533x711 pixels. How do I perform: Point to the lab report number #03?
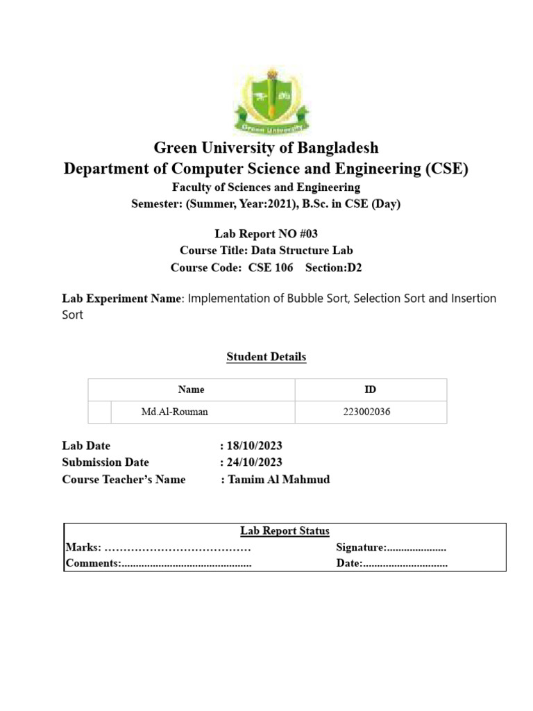click(x=305, y=234)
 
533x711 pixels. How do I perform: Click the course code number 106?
click(x=282, y=267)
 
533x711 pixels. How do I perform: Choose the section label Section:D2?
click(x=334, y=267)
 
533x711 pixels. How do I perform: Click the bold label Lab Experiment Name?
click(x=121, y=299)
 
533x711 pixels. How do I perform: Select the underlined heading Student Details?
click(x=266, y=357)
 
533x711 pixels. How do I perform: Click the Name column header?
click(x=191, y=390)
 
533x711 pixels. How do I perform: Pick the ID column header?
click(x=370, y=390)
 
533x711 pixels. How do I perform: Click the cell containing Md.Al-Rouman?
click(x=174, y=412)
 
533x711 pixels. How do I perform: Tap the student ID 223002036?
click(x=366, y=412)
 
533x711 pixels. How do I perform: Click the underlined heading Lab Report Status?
click(x=285, y=531)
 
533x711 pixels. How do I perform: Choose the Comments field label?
click(x=93, y=564)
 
